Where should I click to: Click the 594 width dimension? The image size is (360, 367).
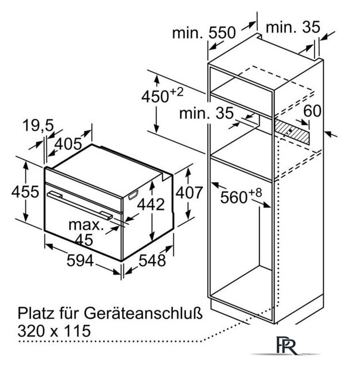pyautogui.click(x=80, y=260)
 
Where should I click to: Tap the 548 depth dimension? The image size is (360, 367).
pyautogui.click(x=152, y=260)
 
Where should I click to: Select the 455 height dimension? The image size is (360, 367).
pyautogui.click(x=25, y=192)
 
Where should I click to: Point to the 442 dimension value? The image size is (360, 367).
pyautogui.click(x=151, y=204)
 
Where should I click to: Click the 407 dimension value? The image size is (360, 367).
pyautogui.click(x=189, y=193)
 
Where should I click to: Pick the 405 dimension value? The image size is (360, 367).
pyautogui.click(x=68, y=144)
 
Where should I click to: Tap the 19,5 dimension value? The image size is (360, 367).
pyautogui.click(x=38, y=126)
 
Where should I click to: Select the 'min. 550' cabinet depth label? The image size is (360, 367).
pyautogui.click(x=204, y=33)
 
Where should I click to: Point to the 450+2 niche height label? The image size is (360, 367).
pyautogui.click(x=162, y=95)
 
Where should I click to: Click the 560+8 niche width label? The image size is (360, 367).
pyautogui.click(x=241, y=196)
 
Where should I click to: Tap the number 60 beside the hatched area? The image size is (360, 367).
pyautogui.click(x=312, y=111)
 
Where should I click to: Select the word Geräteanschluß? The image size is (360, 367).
pyautogui.click(x=143, y=314)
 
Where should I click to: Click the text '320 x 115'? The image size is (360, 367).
pyautogui.click(x=54, y=331)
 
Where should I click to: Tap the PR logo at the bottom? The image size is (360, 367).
pyautogui.click(x=287, y=345)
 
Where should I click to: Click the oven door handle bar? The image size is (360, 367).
pyautogui.click(x=80, y=206)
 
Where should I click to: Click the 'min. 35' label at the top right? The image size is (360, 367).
pyautogui.click(x=293, y=27)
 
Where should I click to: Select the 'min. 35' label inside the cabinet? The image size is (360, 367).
pyautogui.click(x=207, y=114)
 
